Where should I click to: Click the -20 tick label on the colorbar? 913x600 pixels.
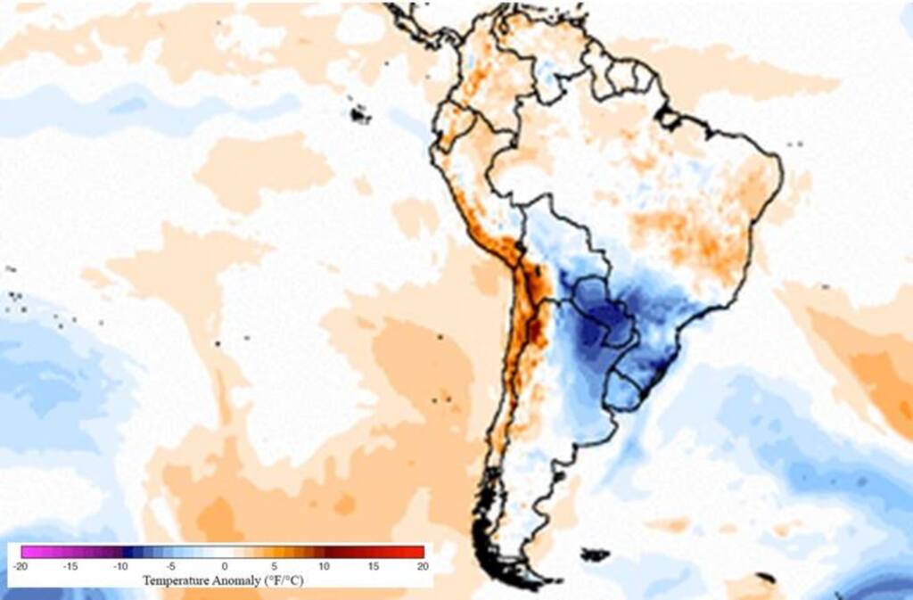pyautogui.click(x=21, y=566)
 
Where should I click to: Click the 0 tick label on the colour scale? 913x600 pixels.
pyautogui.click(x=224, y=566)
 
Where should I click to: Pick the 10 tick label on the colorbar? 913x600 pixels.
pyautogui.click(x=325, y=566)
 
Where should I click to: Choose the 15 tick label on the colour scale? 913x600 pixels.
pyautogui.click(x=374, y=566)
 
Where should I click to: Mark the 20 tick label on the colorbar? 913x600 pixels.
pyautogui.click(x=423, y=566)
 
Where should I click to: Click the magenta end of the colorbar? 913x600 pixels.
pyautogui.click(x=27, y=552)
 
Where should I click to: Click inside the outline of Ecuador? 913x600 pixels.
pyautogui.click(x=451, y=125)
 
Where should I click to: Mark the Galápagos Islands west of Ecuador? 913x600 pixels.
pyautogui.click(x=359, y=114)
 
